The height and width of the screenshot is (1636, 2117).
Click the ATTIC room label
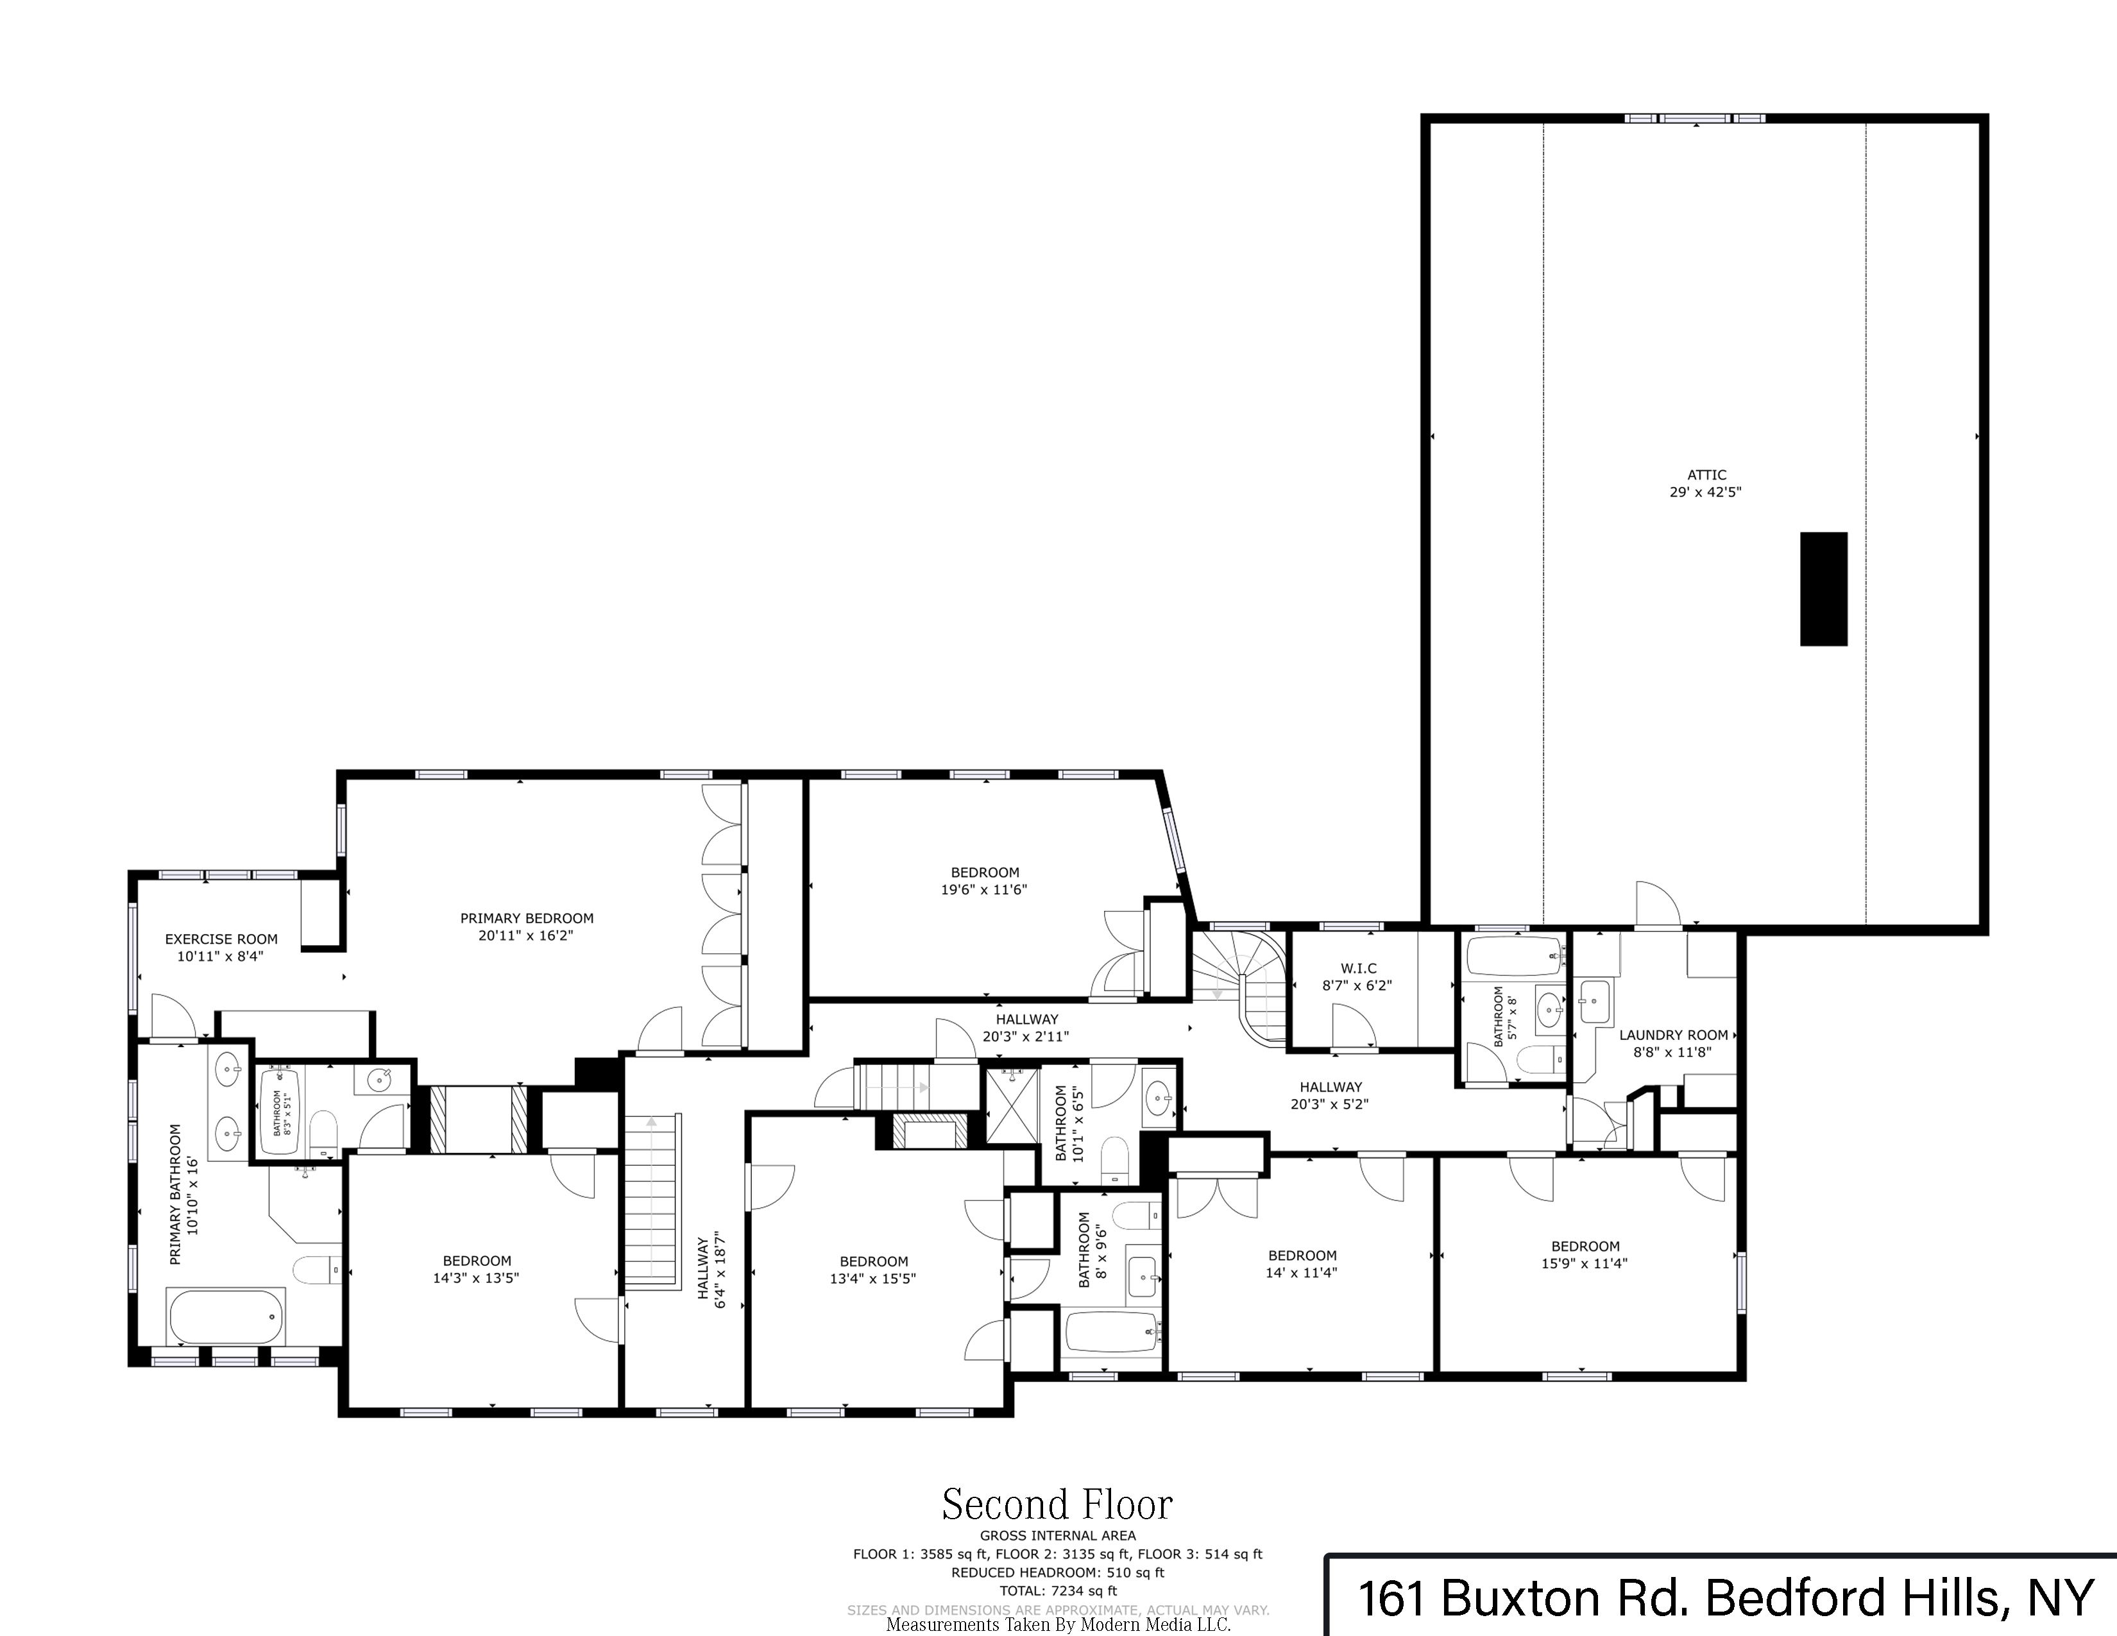tap(1706, 475)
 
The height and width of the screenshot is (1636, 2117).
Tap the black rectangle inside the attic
tap(1823, 588)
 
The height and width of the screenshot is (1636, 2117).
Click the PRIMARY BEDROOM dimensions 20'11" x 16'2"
tap(526, 936)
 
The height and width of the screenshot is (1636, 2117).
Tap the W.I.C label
tap(1358, 968)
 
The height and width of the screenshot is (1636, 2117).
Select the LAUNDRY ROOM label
tap(1673, 1035)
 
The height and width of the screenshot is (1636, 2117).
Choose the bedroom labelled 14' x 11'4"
tap(1301, 1264)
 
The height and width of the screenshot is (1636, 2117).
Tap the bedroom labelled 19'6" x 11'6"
tap(984, 881)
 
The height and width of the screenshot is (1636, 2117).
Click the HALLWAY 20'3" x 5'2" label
tap(1330, 1095)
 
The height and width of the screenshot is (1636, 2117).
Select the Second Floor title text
tap(1057, 1505)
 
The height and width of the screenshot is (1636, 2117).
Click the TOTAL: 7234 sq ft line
tap(1057, 1590)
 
